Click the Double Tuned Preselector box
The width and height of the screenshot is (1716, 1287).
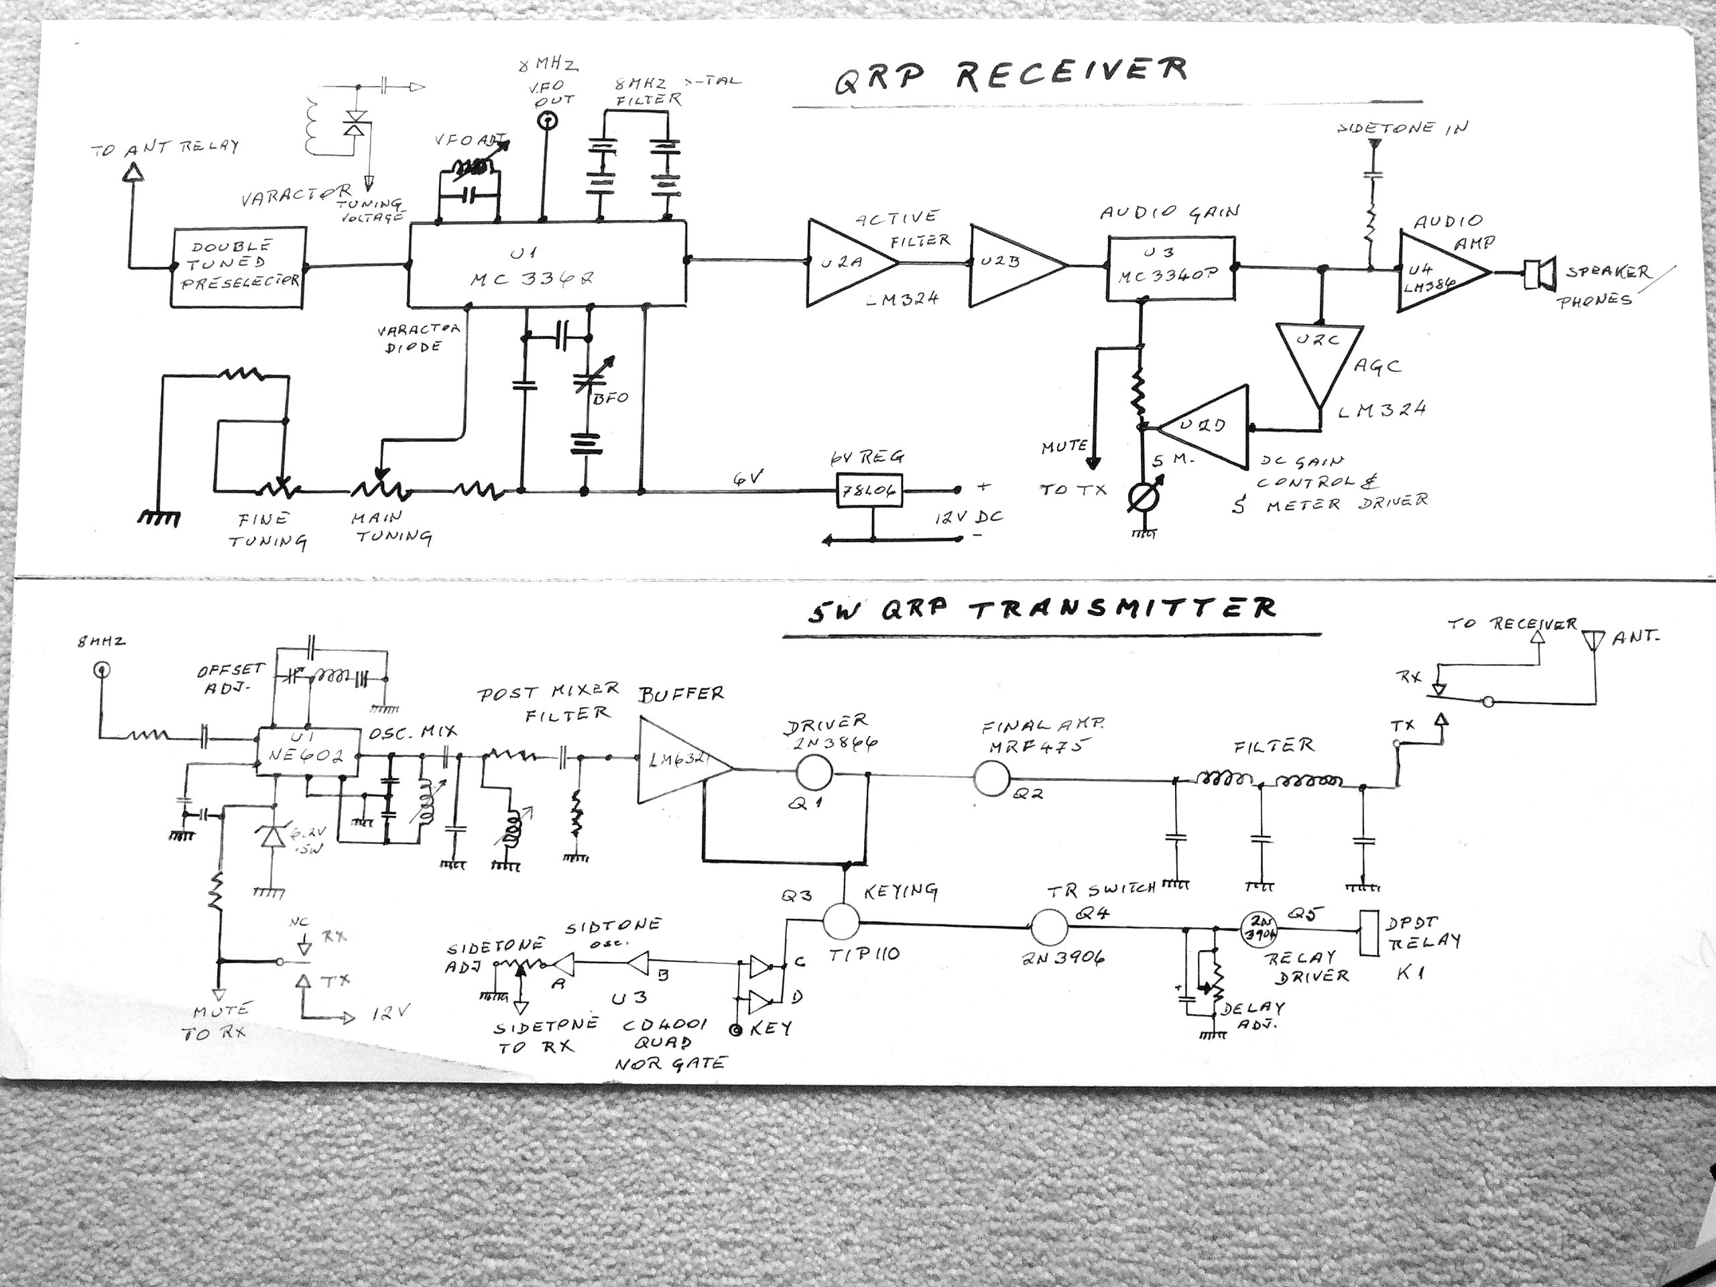click(239, 267)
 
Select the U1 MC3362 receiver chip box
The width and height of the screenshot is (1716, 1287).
click(547, 265)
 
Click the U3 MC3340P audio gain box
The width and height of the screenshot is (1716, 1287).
click(1170, 267)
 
